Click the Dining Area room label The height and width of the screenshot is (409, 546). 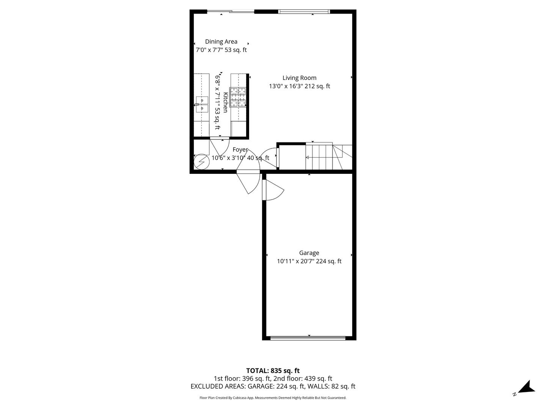pos(221,42)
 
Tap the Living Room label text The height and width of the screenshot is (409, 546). pos(299,78)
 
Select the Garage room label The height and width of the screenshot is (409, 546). pos(309,253)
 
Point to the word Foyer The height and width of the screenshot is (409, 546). pos(240,150)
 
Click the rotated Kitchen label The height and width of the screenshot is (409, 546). pos(225,102)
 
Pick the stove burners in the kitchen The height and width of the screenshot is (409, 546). pos(238,97)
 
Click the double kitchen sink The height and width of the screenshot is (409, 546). pos(202,105)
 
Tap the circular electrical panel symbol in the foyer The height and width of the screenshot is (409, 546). pos(201,162)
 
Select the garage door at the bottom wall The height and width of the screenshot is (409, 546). pos(308,338)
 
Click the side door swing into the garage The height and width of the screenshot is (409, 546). pos(273,190)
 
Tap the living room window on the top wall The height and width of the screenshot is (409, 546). pos(304,11)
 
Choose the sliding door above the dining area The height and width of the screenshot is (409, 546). pos(231,11)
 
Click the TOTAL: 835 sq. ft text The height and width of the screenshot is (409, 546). pos(273,370)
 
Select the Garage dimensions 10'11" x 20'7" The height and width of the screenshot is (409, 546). pos(296,261)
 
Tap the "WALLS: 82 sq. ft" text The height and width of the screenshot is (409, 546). pos(331,386)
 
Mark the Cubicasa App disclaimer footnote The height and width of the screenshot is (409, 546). pos(273,398)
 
